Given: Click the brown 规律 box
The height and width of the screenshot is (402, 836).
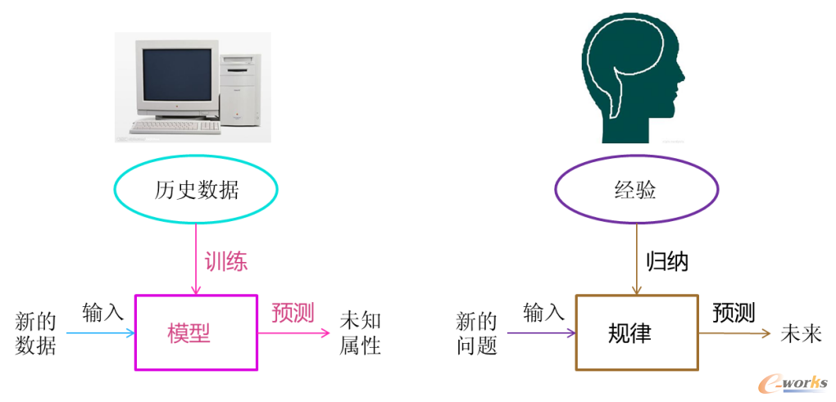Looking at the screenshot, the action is [x=576, y=332].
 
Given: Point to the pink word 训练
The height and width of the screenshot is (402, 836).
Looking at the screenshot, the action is [x=226, y=261].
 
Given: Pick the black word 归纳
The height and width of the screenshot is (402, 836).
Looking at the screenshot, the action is [x=667, y=261].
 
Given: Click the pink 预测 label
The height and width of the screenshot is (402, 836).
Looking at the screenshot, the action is [x=292, y=312].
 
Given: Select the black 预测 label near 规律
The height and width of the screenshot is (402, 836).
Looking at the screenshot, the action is [x=734, y=312].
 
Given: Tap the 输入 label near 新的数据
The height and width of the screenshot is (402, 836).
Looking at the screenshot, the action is [x=103, y=310].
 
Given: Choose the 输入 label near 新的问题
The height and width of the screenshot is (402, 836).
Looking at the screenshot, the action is [x=544, y=311].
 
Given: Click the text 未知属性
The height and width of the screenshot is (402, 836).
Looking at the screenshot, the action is [x=361, y=333].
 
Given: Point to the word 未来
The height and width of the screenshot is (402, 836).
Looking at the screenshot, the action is [x=801, y=334].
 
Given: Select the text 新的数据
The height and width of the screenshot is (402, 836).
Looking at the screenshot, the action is [x=36, y=333].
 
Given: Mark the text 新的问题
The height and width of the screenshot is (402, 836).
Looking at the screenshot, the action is [x=477, y=333].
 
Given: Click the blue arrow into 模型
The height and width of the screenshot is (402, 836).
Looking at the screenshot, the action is [x=101, y=333].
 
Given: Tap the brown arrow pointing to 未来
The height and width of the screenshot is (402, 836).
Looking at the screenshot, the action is [x=735, y=333].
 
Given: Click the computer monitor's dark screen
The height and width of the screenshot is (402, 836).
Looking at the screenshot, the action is [x=177, y=75].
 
